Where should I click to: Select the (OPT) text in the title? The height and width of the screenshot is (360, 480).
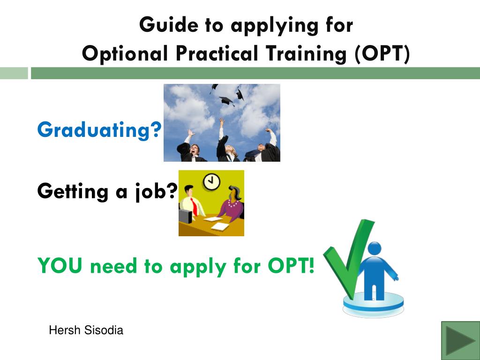click(382, 54)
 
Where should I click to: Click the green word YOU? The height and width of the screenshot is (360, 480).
click(60, 267)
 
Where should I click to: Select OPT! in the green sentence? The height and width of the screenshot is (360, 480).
click(291, 267)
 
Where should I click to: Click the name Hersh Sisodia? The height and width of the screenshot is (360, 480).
click(86, 330)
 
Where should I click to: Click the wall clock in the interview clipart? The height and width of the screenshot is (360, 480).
click(211, 181)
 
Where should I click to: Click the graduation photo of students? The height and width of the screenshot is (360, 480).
click(222, 123)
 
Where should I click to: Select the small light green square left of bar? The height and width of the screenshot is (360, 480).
click(14, 73)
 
